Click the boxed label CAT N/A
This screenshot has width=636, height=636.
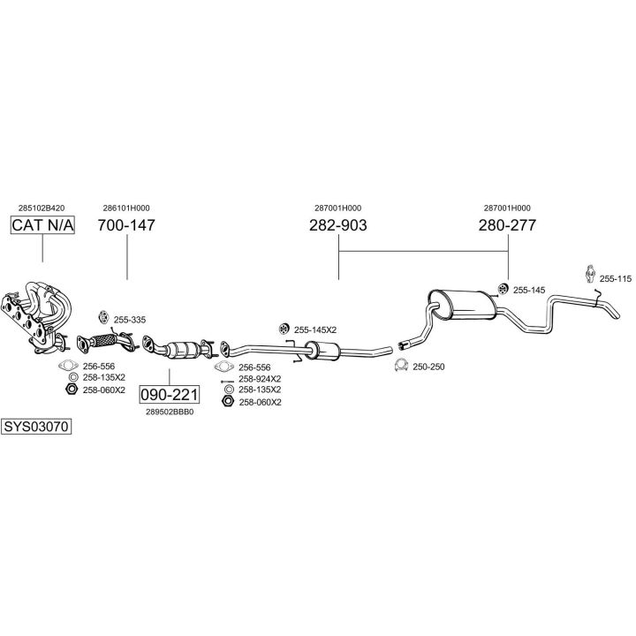[42, 226]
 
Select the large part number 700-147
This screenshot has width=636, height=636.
[126, 226]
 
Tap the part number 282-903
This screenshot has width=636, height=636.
[338, 226]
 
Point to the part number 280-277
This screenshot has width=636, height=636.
[507, 226]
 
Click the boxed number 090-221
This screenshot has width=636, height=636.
[170, 394]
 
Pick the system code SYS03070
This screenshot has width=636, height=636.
[35, 426]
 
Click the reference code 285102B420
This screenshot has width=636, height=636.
[42, 208]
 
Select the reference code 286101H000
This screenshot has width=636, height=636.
[126, 208]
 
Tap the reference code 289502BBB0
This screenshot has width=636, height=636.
[170, 412]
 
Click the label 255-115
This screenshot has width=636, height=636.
[616, 279]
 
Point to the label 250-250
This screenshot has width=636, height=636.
[428, 367]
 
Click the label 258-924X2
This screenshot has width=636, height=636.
[260, 378]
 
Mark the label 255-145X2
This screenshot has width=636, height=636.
[315, 329]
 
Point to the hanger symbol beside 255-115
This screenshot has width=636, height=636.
[590, 274]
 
